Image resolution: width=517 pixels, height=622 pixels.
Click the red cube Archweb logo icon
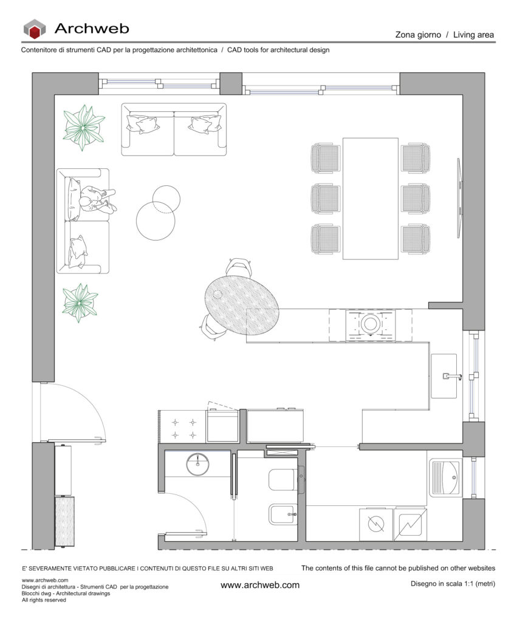34,29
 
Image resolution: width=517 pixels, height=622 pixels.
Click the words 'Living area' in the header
473,35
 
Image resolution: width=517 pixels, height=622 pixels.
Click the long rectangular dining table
370,199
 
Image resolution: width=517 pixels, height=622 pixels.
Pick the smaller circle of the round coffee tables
166,199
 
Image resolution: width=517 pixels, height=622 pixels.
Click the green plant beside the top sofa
84,128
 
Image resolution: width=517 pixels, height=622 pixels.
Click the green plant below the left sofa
80,302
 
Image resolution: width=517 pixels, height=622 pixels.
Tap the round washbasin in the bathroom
197,465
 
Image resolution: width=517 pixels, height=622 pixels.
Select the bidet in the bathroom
282,514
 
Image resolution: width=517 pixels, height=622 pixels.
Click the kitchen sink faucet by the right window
452,376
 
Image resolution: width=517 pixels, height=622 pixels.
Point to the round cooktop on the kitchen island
371,324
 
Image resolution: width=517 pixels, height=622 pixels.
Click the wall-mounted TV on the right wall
459,198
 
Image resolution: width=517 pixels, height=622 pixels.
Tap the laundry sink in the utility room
445,477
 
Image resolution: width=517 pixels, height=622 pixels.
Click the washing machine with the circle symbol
375,524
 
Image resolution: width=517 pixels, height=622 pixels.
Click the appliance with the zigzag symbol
410,525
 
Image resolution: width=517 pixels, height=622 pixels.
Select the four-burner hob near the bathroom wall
183,429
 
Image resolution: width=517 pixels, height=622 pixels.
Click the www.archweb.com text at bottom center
260,585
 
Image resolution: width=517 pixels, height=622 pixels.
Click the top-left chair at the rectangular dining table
326,159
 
